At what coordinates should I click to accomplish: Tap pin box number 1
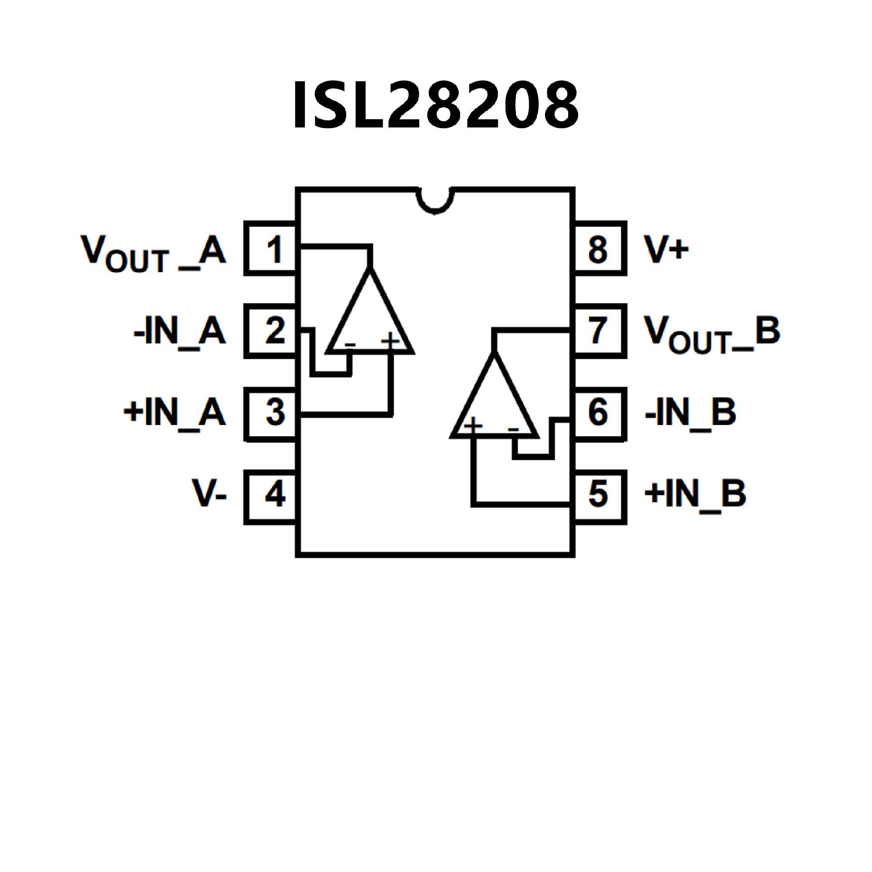tap(271, 249)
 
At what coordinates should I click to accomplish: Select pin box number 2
tap(271, 331)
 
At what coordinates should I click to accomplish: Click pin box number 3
tap(271, 414)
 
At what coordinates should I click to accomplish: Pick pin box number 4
tap(271, 495)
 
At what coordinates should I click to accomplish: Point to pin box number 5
tap(600, 495)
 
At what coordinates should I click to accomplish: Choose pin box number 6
tap(600, 414)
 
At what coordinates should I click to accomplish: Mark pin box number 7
tap(600, 331)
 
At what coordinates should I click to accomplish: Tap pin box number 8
tap(600, 249)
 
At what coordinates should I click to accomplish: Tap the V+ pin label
tap(666, 249)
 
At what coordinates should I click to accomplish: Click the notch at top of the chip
tap(436, 200)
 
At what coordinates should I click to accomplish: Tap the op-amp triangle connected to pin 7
tap(495, 404)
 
